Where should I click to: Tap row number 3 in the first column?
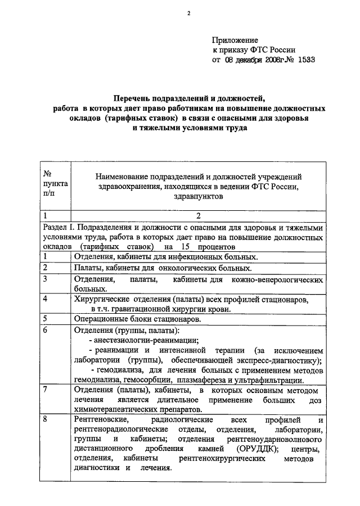(x=46, y=279)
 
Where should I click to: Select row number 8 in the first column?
(x=46, y=420)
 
